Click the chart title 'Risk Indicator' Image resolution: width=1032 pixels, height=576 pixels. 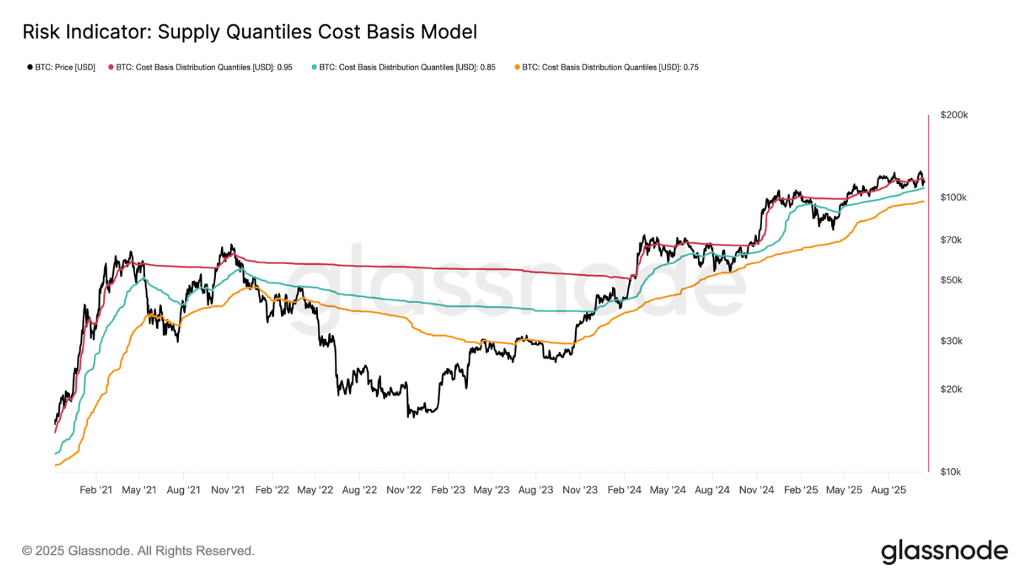[x=249, y=32]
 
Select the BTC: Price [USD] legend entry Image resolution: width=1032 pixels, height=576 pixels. [x=61, y=67]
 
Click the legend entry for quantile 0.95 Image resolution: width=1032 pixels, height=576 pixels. [x=200, y=67]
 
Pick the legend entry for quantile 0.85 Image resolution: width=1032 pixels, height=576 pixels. [x=404, y=67]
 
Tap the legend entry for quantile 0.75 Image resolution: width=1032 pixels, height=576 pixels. [x=606, y=67]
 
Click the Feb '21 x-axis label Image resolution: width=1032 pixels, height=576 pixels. [x=96, y=490]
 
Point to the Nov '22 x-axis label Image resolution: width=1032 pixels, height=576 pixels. [x=404, y=490]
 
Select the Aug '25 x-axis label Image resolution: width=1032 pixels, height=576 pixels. [x=888, y=490]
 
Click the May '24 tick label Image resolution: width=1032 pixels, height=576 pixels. [x=668, y=490]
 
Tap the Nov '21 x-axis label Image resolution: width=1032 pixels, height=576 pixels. [x=228, y=490]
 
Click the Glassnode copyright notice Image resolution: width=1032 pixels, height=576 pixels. [x=138, y=551]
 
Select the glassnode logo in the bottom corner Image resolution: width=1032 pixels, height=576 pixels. [x=944, y=551]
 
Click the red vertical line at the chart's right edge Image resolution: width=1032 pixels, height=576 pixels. [x=929, y=296]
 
